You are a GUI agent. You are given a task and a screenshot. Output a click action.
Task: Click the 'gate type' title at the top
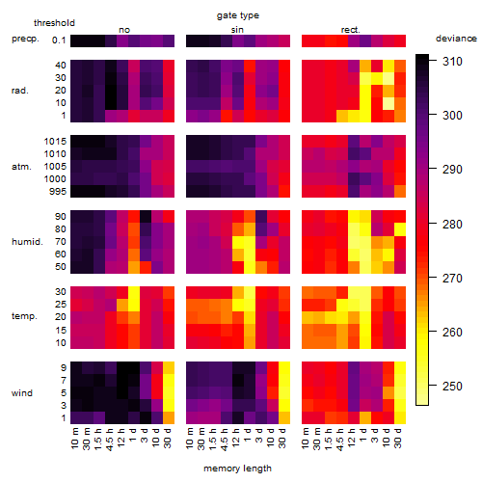point(238,15)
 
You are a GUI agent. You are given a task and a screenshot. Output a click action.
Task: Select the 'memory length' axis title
point(237,469)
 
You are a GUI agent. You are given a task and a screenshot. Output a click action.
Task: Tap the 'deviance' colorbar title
point(456,39)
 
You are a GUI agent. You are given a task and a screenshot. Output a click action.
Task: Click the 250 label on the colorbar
point(452,386)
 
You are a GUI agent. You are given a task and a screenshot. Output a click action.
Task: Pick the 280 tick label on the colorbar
point(452,224)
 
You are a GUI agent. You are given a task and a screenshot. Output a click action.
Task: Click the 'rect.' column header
point(351,30)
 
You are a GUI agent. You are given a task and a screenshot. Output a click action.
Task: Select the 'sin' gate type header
point(237,30)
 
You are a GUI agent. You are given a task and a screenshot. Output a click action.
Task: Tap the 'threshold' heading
point(54,23)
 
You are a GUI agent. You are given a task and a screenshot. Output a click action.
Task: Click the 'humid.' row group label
point(27,242)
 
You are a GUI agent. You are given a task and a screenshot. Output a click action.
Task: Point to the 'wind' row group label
point(22,393)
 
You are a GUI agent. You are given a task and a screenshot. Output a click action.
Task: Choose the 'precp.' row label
point(25,39)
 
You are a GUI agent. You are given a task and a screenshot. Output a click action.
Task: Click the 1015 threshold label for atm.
point(55,141)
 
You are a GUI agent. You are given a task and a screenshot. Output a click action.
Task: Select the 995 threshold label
point(58,192)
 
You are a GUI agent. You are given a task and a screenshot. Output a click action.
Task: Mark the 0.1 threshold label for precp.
point(59,40)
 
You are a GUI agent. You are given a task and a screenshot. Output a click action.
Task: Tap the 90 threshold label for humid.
point(60,217)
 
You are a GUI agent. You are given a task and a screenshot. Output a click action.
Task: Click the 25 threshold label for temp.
point(60,304)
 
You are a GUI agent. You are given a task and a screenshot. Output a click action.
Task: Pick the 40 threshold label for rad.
point(60,66)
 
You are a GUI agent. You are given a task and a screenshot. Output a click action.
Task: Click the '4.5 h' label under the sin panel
point(225,440)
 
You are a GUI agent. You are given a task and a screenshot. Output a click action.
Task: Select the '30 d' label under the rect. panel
point(398,438)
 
